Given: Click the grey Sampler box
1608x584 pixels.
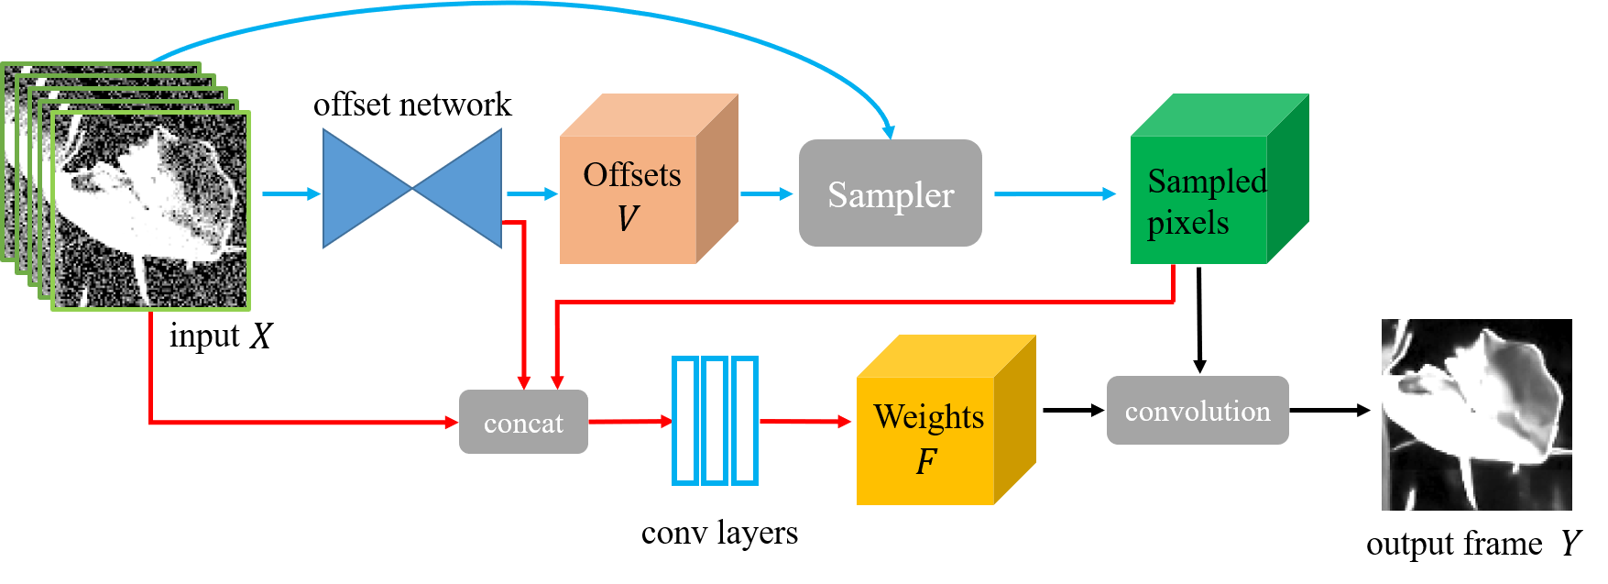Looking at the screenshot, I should pos(890,193).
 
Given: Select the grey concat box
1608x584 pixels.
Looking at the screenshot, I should pos(523,422).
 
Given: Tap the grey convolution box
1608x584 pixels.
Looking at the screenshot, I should pos(1198,411).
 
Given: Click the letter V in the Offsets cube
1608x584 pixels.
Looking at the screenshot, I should pos(628,219).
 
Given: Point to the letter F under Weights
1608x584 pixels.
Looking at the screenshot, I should pos(926,461).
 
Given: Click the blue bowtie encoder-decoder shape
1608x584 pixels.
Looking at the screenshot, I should pos(412,189).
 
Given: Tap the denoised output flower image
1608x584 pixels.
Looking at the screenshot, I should pos(1476,414).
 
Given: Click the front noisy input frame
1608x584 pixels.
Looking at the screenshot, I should pos(151,211).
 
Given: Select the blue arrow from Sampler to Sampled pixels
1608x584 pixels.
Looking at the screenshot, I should pos(1054,193).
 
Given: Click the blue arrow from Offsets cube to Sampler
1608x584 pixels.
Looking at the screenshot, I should pos(766,193).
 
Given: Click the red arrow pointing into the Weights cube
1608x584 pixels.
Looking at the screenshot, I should pos(805,422).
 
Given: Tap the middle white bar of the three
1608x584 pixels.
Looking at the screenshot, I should pos(715,421).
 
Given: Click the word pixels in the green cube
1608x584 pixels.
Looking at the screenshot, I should pos(1187,223).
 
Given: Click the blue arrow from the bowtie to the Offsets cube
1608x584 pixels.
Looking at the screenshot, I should pos(532,193).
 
